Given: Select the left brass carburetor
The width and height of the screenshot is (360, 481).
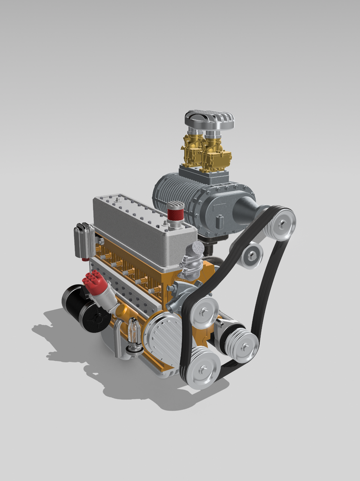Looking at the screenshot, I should tap(193, 149).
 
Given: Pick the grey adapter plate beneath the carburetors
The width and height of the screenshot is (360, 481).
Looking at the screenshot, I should tap(203, 175).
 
